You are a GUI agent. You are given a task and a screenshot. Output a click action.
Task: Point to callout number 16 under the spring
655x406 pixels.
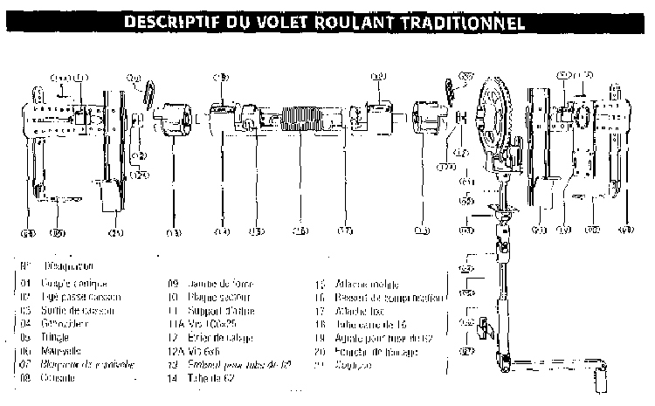(300, 231)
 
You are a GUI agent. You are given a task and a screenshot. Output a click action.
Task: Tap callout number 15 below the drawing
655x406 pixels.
(256, 231)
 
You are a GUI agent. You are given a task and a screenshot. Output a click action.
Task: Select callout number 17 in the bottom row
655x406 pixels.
(346, 231)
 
